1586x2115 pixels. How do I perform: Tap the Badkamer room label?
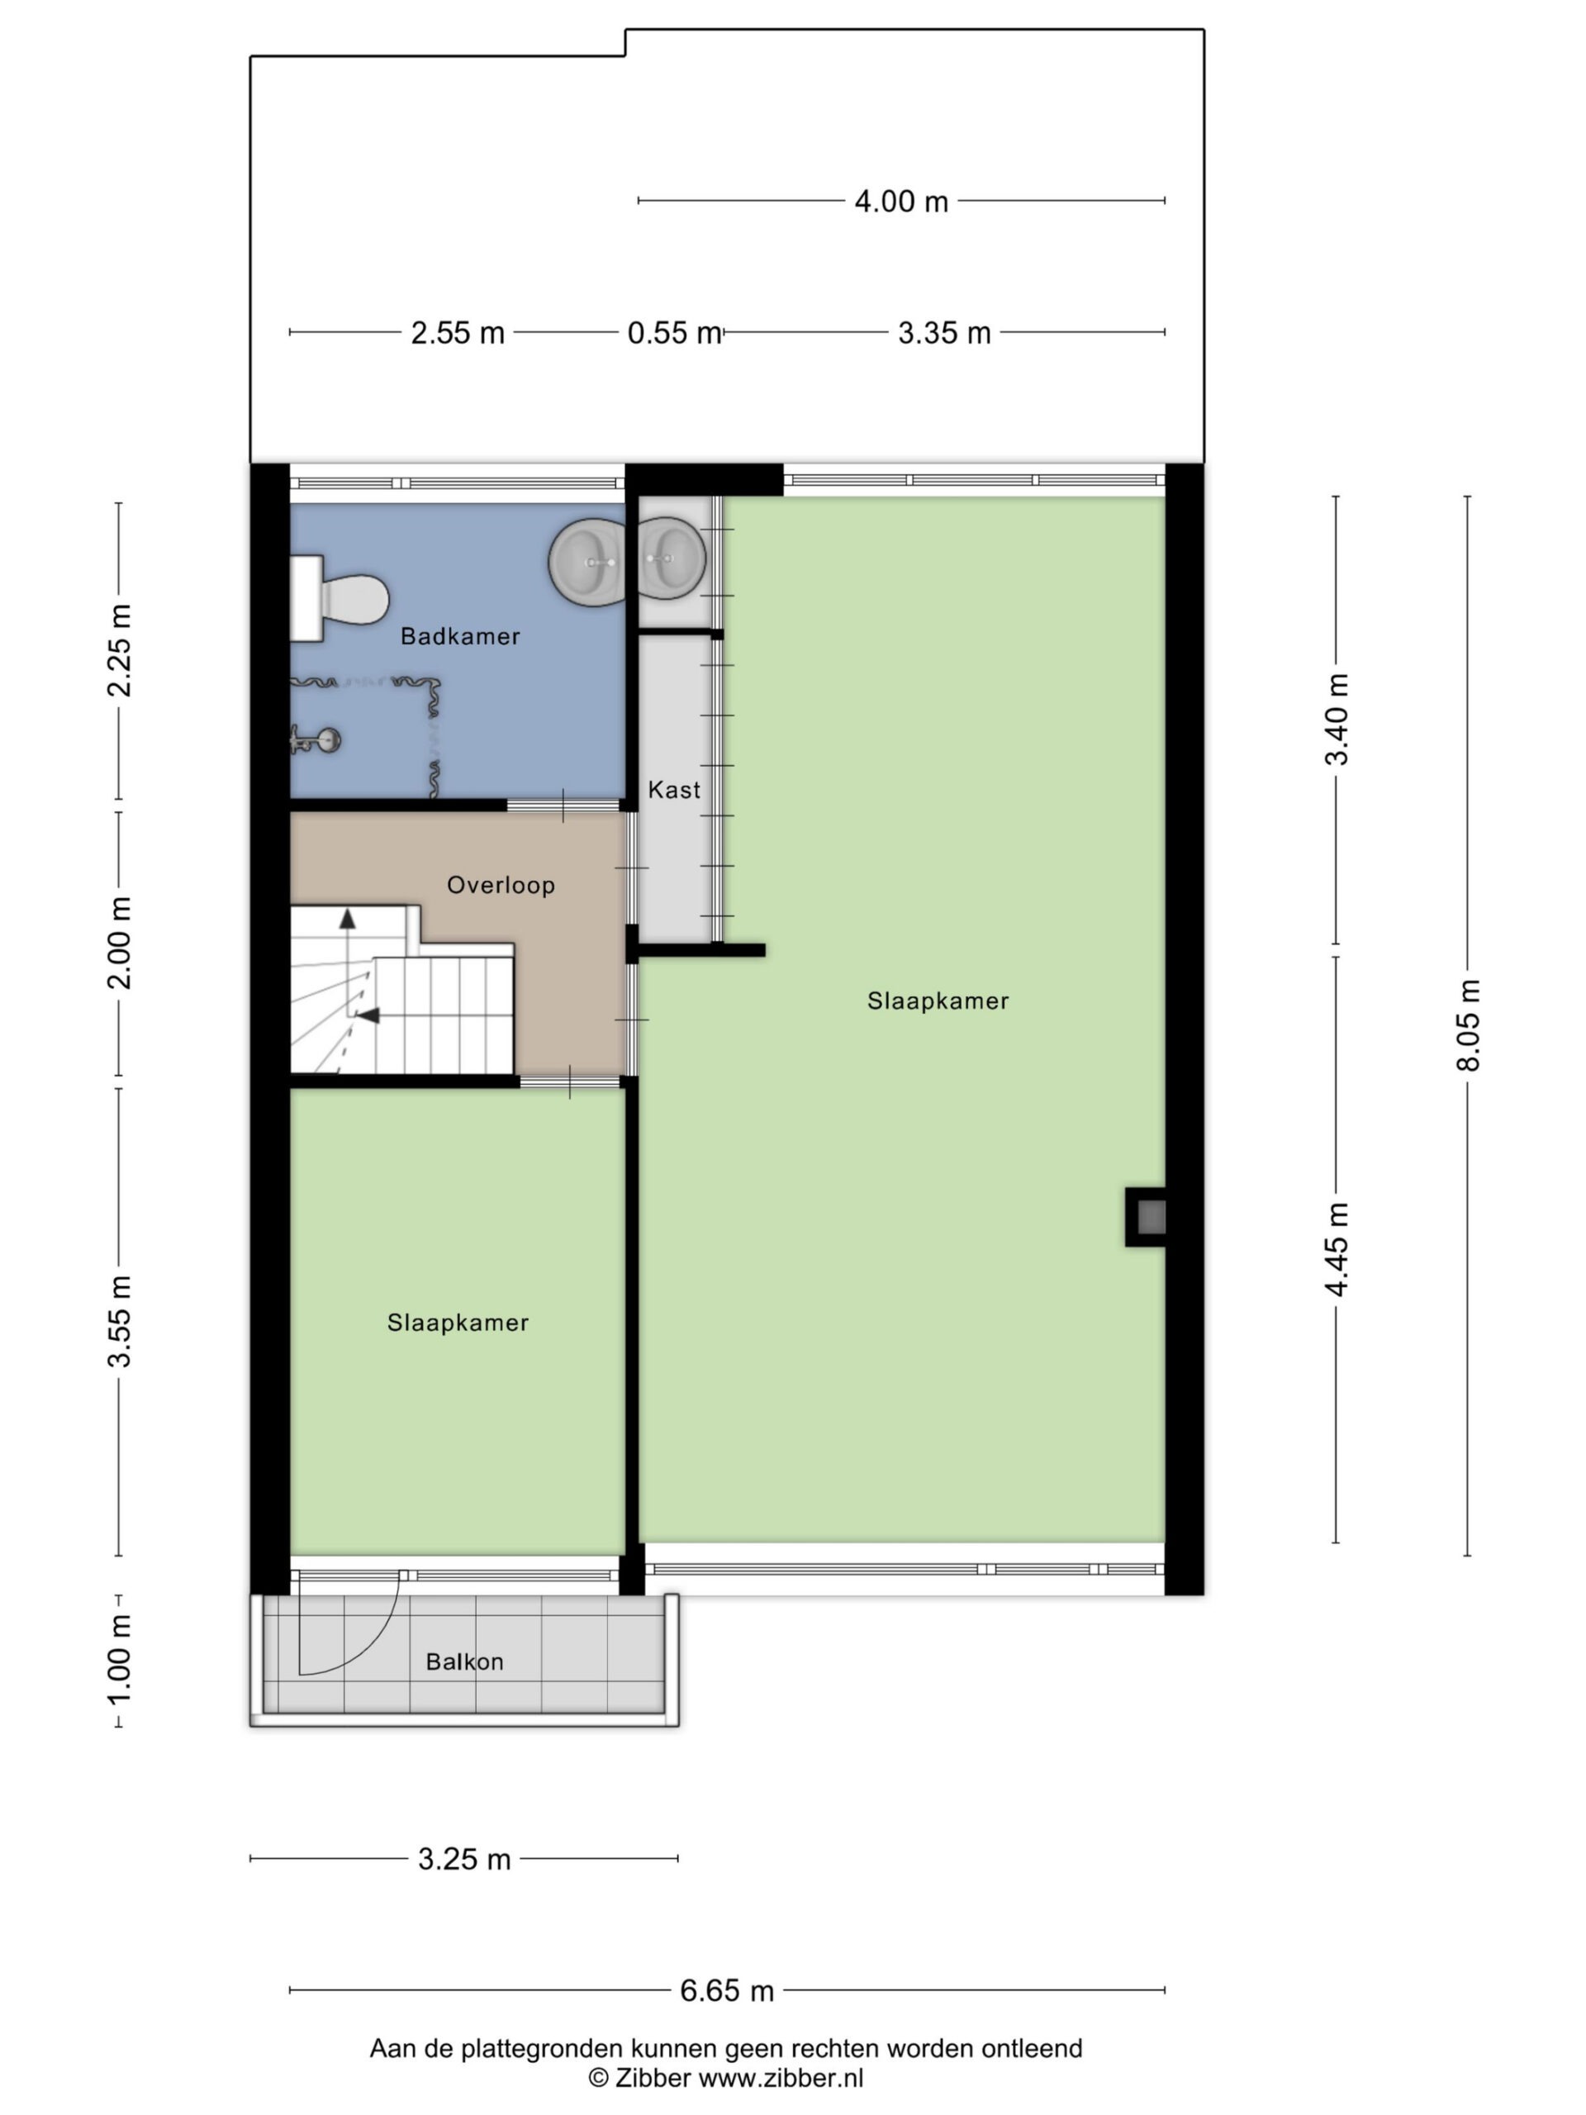tap(460, 637)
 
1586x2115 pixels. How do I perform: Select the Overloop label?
tap(501, 886)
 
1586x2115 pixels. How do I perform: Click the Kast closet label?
tap(674, 790)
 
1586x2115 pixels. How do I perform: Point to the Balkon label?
tap(464, 1661)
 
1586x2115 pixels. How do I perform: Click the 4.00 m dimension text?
tap(901, 202)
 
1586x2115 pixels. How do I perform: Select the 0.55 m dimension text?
tap(674, 333)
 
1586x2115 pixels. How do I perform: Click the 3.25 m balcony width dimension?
tap(464, 1859)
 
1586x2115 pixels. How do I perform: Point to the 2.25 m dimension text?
tap(120, 650)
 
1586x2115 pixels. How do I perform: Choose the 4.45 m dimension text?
tap(1337, 1250)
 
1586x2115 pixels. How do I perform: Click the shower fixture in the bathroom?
tap(316, 739)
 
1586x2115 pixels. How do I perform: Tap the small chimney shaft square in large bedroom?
tap(1147, 1217)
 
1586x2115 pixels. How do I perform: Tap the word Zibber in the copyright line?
tap(653, 2078)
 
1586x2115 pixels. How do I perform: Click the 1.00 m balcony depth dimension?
tap(120, 1660)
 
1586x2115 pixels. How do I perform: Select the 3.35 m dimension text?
tap(944, 333)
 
